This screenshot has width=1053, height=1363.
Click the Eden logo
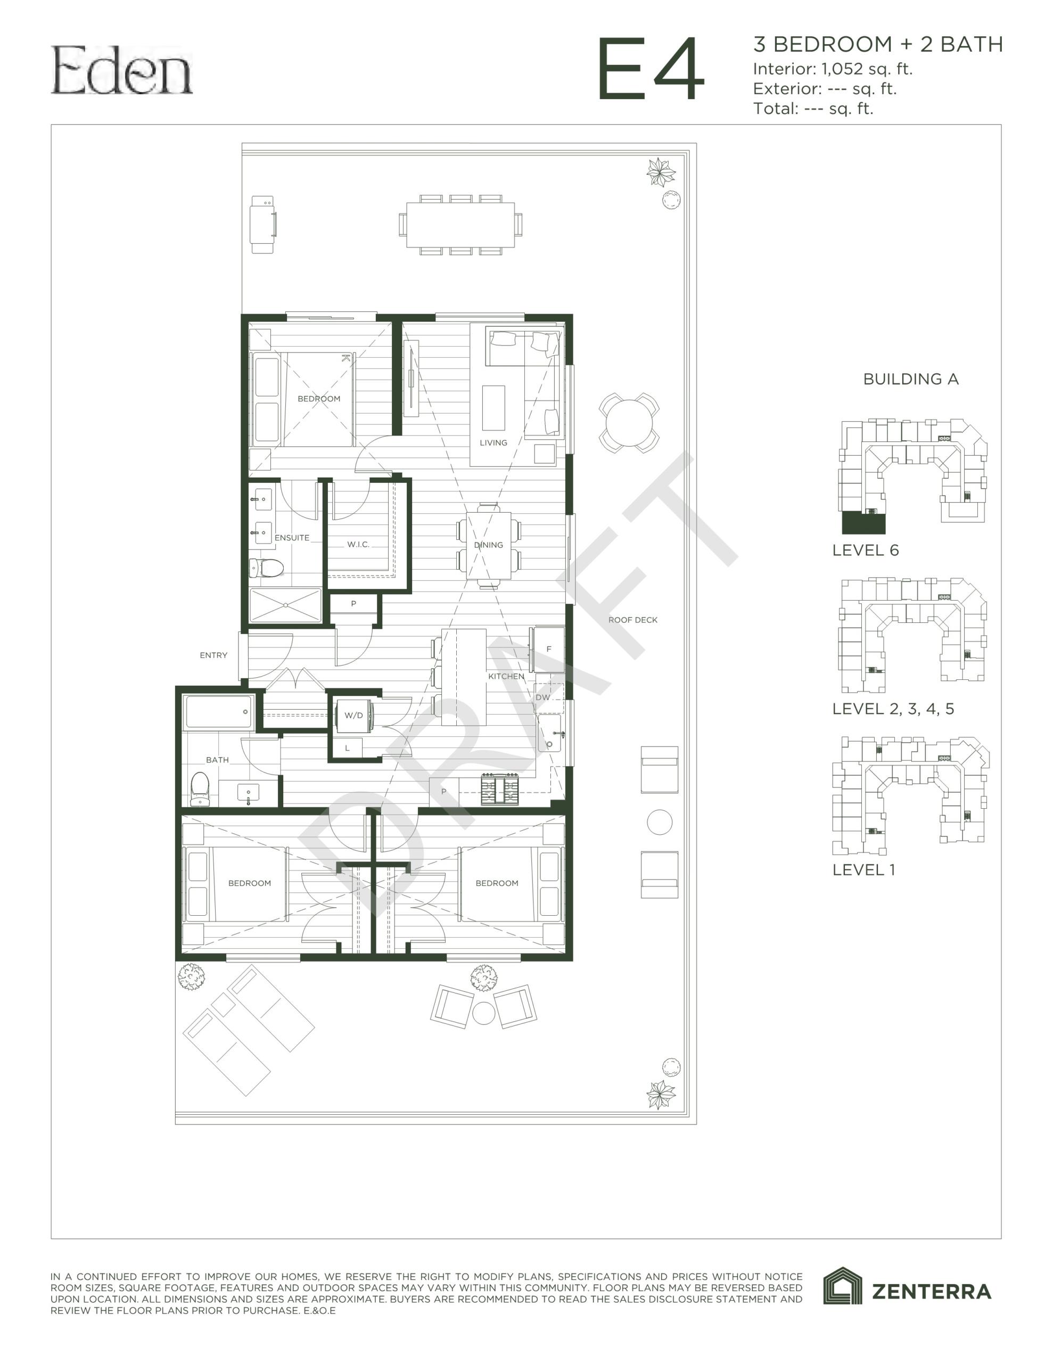(x=122, y=70)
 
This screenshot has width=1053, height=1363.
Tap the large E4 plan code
(x=651, y=69)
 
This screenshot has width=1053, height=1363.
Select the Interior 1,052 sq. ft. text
(x=833, y=69)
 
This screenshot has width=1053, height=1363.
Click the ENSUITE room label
(x=292, y=537)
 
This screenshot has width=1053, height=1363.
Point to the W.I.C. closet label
(x=358, y=544)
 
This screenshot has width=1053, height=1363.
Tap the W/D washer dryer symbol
(x=354, y=715)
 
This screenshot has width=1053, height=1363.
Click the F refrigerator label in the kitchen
(x=549, y=649)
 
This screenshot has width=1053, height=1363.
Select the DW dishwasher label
(x=543, y=697)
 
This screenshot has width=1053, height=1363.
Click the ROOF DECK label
(x=633, y=620)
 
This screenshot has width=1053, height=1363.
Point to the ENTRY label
(x=213, y=655)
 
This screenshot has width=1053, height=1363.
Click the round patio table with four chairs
(x=629, y=423)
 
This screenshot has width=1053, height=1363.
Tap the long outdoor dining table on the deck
(x=460, y=225)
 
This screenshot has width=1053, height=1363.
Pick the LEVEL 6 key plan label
(x=865, y=550)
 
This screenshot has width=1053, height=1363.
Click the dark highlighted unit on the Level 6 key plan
(x=863, y=523)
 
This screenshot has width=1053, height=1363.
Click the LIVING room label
(x=493, y=442)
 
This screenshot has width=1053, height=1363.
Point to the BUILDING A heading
(x=911, y=379)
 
